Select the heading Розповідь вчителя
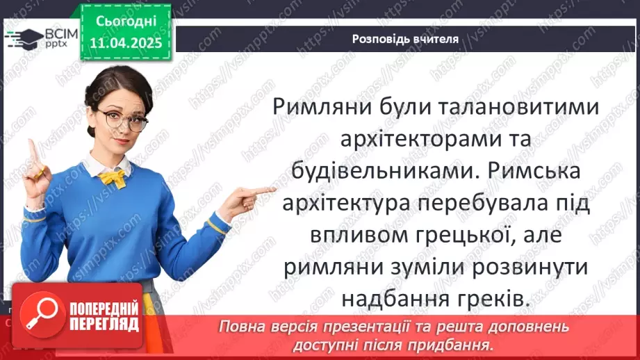pyautogui.click(x=405, y=39)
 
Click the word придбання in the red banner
pyautogui.click(x=461, y=343)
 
